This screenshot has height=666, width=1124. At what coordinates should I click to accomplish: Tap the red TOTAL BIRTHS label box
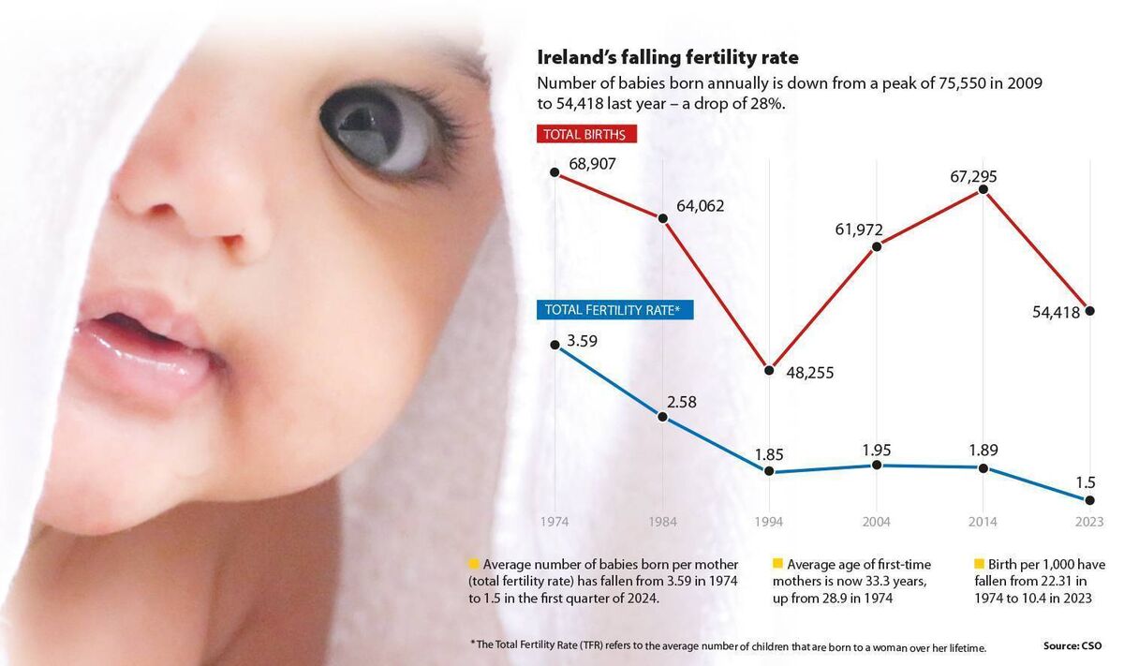[588, 134]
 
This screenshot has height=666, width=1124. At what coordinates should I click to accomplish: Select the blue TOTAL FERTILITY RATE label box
[614, 310]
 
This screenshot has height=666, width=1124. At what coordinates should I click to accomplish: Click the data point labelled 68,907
[555, 172]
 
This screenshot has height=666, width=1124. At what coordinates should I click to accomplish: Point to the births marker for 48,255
[769, 370]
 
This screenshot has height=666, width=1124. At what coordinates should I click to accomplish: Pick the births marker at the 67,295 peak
[983, 190]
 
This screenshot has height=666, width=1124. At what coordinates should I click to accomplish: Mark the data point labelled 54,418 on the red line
[1090, 311]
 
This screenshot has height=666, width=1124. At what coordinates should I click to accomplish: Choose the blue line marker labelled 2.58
[662, 417]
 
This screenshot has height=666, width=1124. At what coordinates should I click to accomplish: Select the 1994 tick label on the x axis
[769, 522]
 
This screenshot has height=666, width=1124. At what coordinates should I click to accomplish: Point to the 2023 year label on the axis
[1089, 522]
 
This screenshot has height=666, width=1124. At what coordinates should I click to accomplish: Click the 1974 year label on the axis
[555, 522]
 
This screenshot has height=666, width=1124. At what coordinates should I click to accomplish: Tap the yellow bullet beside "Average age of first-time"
[776, 564]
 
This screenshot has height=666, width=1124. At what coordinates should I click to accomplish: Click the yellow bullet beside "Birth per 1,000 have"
[980, 564]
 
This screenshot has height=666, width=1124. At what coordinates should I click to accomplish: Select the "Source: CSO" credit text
[1072, 645]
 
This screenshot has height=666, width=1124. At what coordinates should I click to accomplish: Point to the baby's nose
[187, 201]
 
